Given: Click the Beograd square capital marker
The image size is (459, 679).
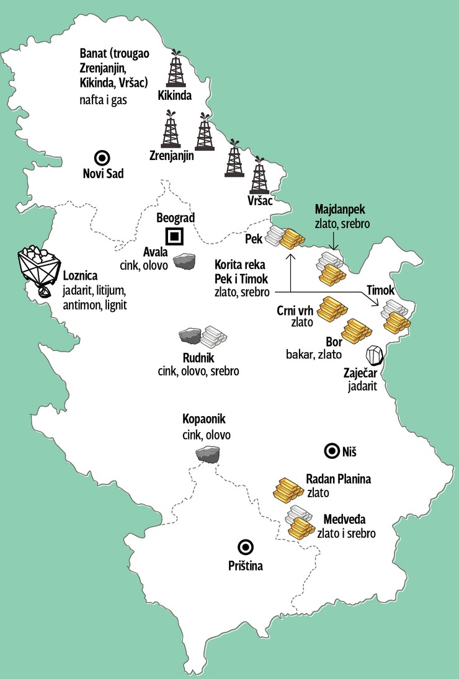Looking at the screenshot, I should click(175, 237).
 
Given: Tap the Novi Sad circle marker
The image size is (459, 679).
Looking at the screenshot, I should click(99, 158).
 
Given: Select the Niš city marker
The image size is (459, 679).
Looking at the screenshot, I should click(330, 450).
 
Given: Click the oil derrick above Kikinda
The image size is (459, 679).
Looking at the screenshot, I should click(176, 69).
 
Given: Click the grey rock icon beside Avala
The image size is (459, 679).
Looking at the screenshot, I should click(184, 262).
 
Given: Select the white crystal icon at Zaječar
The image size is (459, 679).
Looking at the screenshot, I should click(374, 355).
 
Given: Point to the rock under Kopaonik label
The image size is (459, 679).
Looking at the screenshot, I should click(207, 455).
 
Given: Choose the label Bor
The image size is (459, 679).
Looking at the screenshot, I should click(333, 342).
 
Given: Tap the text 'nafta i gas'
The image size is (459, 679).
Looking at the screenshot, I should click(103, 99).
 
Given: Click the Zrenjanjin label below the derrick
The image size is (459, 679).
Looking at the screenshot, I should click(172, 156).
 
